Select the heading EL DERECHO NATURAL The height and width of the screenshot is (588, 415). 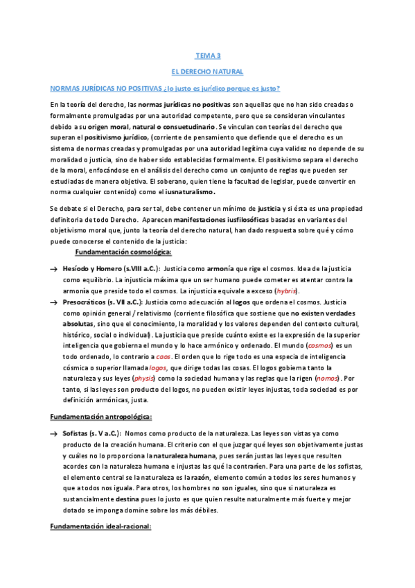[x=207, y=71]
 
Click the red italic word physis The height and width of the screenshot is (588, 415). [x=143, y=379]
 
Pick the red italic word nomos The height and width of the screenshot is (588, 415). [x=326, y=379]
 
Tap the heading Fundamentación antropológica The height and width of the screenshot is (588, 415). [x=101, y=416]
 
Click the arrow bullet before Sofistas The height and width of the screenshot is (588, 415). [x=53, y=433]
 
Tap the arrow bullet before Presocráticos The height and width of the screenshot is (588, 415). [x=53, y=304]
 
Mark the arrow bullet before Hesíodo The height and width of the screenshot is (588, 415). [x=53, y=268]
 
